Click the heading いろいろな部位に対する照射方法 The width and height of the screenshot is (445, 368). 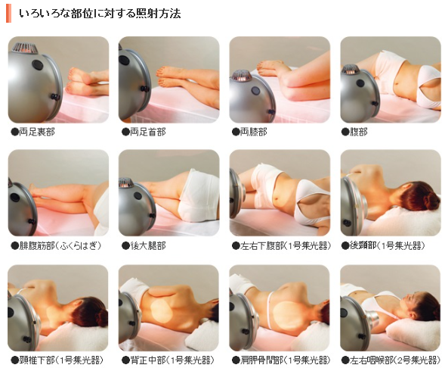click(100, 14)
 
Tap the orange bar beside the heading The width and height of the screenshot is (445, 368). click(8, 14)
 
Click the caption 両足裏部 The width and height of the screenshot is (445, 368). click(37, 132)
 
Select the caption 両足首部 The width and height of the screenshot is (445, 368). click(147, 132)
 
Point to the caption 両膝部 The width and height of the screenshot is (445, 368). click(254, 132)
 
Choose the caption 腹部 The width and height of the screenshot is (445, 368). click(359, 132)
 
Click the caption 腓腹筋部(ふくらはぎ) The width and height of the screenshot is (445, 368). click(60, 246)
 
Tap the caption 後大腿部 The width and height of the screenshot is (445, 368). click(147, 246)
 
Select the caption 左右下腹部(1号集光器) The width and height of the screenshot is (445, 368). click(286, 246)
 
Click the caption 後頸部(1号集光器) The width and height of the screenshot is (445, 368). click(387, 246)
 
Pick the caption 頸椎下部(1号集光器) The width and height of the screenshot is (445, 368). click(60, 360)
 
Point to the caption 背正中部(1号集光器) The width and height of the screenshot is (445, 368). click(172, 360)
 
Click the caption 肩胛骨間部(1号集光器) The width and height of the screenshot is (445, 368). click(286, 360)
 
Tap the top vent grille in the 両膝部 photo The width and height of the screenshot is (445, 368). click(241, 76)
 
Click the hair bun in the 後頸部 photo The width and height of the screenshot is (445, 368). click(428, 199)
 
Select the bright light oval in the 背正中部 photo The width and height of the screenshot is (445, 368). click(161, 311)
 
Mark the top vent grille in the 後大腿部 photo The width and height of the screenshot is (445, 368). click(126, 182)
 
